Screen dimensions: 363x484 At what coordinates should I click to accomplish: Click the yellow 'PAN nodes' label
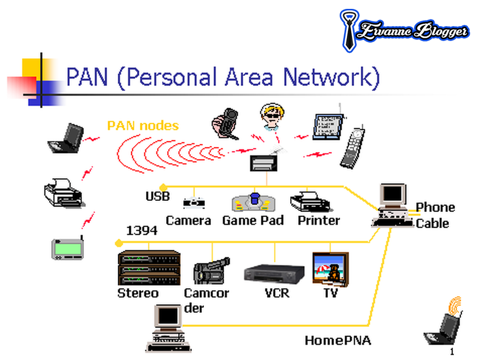143,125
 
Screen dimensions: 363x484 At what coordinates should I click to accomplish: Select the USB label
158,196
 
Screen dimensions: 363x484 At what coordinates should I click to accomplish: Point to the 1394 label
142,230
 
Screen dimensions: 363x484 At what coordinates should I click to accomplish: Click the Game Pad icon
253,203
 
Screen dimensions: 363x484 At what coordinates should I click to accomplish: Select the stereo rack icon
149,268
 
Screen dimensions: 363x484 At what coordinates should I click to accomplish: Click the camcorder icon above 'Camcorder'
211,271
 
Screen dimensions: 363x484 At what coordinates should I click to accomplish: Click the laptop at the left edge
65,139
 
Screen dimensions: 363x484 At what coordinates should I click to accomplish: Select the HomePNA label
337,340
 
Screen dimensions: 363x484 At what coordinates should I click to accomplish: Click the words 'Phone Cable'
435,215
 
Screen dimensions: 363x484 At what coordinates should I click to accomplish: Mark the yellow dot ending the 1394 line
118,243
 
